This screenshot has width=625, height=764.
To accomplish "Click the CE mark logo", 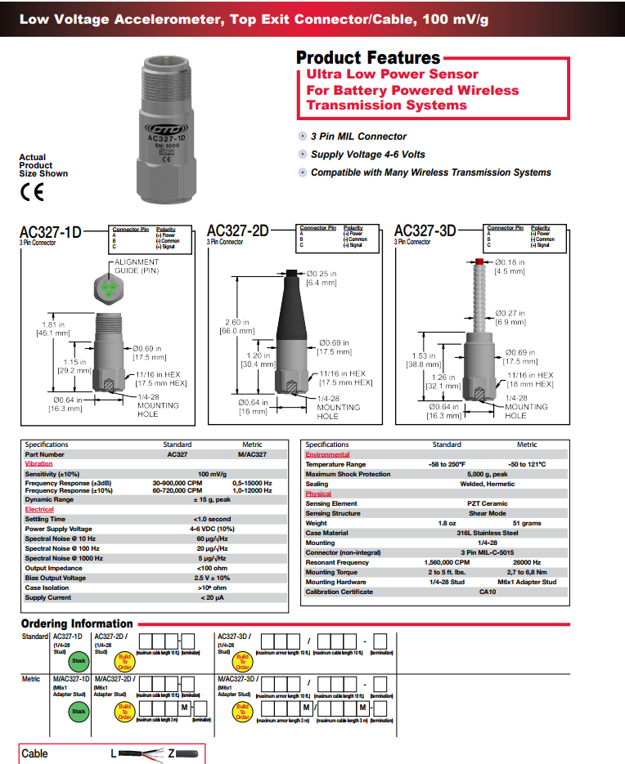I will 31,194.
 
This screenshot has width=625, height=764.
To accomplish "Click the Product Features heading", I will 367,57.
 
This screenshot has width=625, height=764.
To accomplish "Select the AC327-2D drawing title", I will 237,231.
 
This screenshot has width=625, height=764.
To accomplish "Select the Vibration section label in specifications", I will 38,463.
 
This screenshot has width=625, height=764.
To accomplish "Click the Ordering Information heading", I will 77,623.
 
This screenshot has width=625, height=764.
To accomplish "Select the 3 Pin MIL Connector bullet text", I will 358,136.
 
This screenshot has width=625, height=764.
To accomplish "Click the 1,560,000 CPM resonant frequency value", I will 447,562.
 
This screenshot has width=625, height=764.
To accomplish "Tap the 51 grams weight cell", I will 527,523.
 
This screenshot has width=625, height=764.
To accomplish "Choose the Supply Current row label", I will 49,597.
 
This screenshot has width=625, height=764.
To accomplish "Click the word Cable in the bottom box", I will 35,753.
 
